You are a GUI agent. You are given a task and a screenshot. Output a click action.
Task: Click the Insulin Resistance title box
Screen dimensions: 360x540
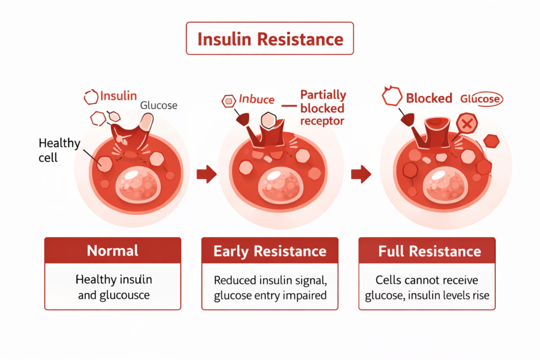coord(269,38)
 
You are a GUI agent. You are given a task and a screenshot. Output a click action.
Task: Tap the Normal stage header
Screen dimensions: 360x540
coord(112,250)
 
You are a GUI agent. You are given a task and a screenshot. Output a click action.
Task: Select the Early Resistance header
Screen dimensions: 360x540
coord(269,251)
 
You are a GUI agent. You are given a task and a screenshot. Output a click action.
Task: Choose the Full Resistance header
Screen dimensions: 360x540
coord(427,251)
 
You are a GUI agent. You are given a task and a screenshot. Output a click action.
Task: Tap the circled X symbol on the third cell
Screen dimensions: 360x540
coord(466,124)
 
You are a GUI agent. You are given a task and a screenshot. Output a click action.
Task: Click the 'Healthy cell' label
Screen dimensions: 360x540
coord(59,150)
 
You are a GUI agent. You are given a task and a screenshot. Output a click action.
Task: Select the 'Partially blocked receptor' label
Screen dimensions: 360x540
coord(323,108)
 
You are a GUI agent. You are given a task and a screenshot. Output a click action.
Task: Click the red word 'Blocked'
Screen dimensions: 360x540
coord(429,98)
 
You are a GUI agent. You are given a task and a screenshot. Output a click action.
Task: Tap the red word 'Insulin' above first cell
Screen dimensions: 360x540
coord(118,96)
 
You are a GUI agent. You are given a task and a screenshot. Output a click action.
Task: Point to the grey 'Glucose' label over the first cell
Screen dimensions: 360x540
coord(158,105)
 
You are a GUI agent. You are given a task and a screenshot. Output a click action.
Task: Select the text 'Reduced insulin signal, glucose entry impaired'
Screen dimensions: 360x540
coord(270,287)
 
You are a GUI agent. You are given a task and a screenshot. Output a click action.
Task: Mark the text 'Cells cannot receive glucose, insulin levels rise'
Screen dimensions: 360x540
coord(427,287)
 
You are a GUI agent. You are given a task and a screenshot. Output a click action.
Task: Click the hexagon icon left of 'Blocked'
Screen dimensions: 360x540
coord(391,97)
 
